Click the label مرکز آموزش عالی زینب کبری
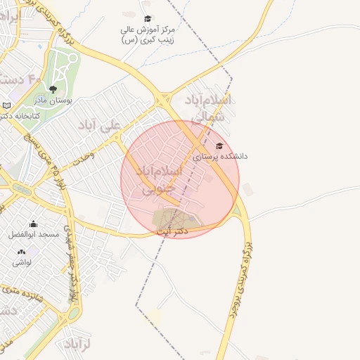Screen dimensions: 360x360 [x=147, y=35]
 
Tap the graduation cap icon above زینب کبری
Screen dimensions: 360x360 [x=147, y=19]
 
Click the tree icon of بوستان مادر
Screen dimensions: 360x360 [x=53, y=89]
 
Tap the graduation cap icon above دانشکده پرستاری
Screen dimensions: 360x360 [x=219, y=146]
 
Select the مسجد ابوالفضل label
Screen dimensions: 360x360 [x=34, y=234]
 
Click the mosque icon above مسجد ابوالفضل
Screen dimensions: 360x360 [x=33, y=224]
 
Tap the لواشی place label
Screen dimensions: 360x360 [x=21, y=262]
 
